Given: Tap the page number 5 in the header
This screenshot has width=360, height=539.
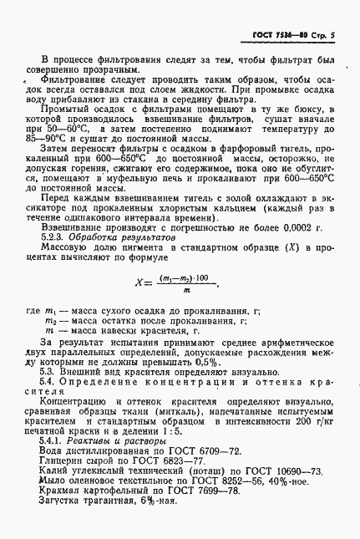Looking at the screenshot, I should pos(332,35).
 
